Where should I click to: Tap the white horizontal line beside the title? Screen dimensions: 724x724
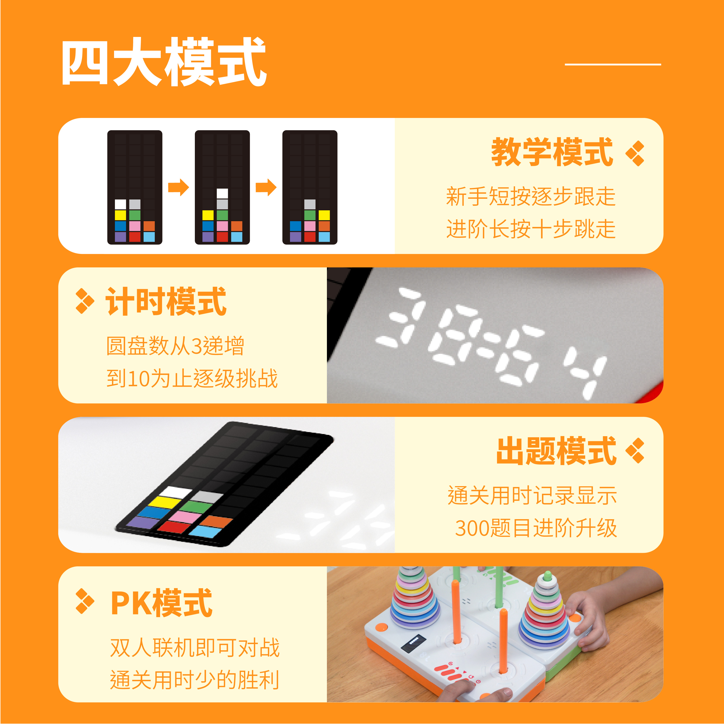[613, 65]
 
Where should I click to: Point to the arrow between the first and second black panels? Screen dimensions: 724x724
[178, 187]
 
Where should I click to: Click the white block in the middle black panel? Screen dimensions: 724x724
[222, 193]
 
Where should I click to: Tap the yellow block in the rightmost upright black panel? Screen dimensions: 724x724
[324, 215]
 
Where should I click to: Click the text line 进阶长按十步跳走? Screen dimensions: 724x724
[531, 229]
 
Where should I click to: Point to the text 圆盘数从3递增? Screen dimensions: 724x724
[175, 346]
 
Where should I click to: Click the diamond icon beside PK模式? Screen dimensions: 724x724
[85, 601]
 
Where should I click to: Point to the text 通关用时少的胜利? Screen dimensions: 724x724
[194, 680]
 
